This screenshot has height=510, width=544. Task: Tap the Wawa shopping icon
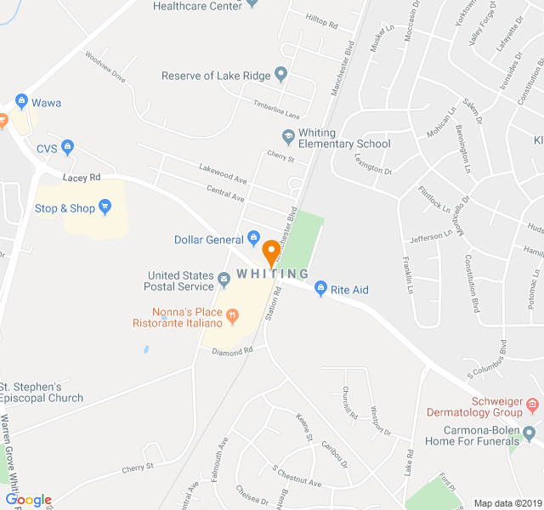tap(22, 103)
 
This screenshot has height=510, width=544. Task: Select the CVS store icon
tap(68, 148)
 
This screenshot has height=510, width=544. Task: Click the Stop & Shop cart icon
tap(105, 207)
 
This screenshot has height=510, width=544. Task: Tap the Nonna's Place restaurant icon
tap(232, 316)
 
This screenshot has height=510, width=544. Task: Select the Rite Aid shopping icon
tap(320, 290)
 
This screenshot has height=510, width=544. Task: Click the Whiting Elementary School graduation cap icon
tap(288, 137)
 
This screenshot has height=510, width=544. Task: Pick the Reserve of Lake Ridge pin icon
tap(281, 76)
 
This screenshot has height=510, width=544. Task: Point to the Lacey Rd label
tap(82, 177)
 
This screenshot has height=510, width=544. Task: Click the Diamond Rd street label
tap(233, 350)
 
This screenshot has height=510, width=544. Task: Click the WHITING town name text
tap(272, 273)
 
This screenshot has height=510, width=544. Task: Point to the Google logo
tap(28, 500)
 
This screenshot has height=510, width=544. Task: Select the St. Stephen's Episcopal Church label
tap(42, 392)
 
